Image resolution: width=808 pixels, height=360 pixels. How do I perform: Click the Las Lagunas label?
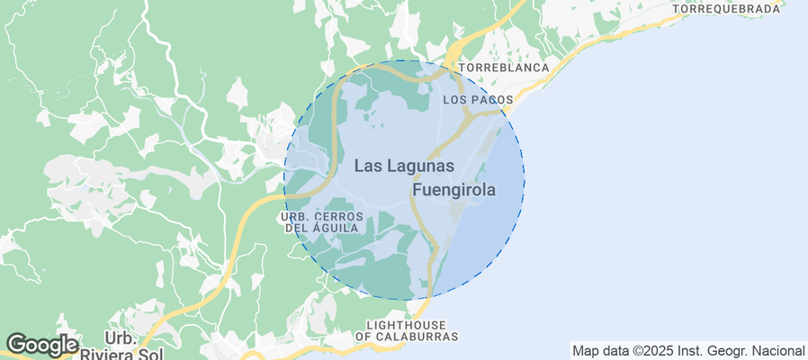[404, 166]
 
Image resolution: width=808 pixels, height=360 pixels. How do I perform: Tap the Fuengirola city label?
[454, 191]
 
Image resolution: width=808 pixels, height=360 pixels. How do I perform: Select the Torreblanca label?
[504, 67]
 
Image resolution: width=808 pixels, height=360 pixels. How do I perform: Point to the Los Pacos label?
[479, 99]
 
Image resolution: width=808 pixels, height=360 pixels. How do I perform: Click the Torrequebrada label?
[726, 9]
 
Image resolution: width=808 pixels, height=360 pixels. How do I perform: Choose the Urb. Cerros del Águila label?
[322, 222]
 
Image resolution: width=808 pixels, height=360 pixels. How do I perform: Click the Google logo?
[41, 344]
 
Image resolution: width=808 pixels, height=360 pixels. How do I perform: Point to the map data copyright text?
[688, 350]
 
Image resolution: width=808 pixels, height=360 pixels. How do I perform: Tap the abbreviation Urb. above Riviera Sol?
[120, 337]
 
